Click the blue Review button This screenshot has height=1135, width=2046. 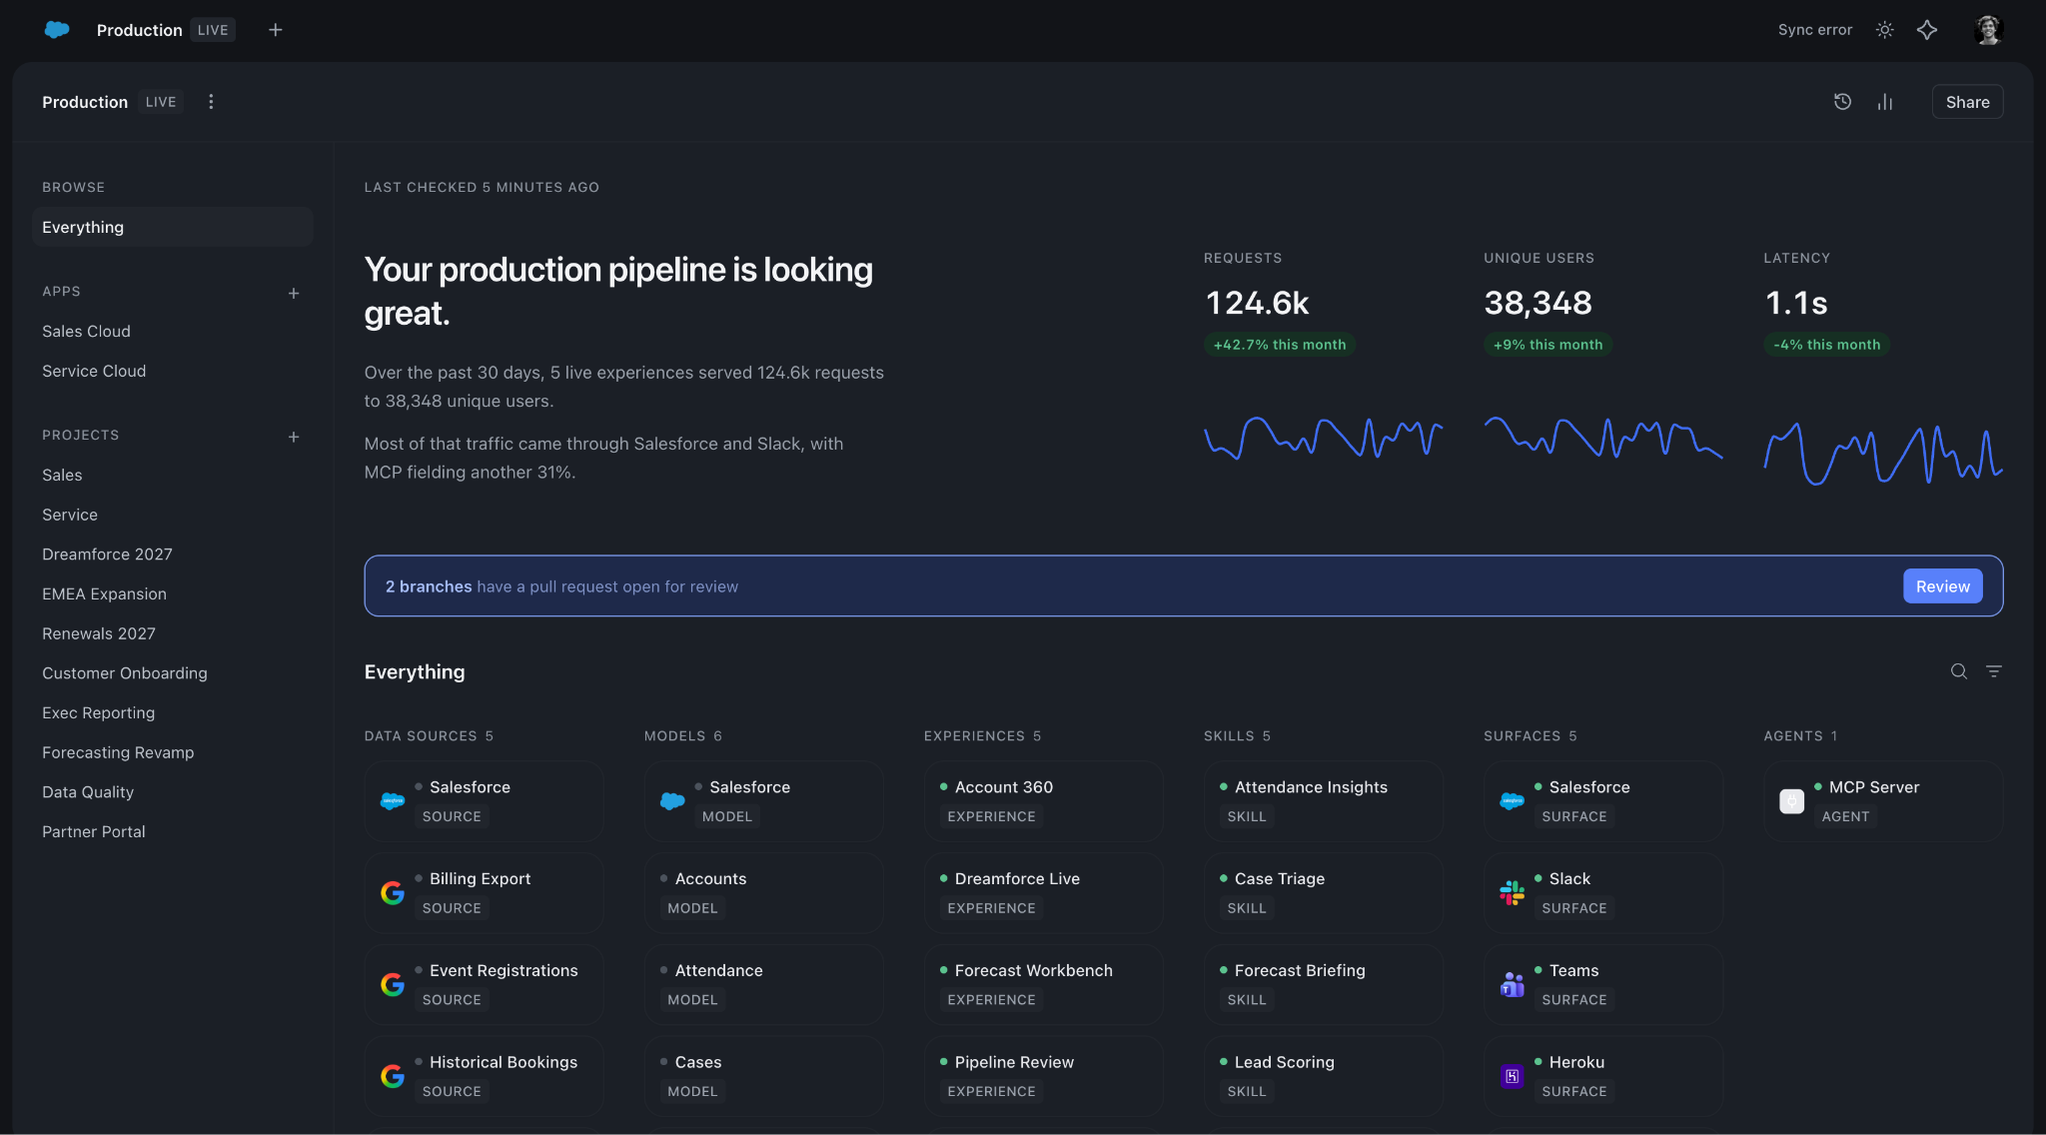point(1942,586)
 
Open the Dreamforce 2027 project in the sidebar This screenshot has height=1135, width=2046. point(107,555)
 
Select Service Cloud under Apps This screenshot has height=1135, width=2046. point(94,371)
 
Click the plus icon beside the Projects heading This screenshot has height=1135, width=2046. point(294,437)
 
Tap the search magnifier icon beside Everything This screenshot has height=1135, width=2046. point(1959,671)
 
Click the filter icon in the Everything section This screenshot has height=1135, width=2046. point(1994,671)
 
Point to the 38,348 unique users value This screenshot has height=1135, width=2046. point(1537,303)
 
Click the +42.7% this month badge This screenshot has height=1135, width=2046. point(1280,345)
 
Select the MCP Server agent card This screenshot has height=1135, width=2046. point(1883,801)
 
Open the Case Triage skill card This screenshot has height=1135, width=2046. point(1324,893)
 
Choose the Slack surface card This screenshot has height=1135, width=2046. point(1603,893)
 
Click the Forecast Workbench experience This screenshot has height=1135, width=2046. point(1044,984)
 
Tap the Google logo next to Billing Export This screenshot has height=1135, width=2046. point(393,893)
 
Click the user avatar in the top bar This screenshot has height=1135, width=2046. point(1989,30)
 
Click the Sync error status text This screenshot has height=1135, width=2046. point(1814,30)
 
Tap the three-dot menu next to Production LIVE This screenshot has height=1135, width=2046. point(211,102)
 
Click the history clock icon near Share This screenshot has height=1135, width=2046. point(1843,102)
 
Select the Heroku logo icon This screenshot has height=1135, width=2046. point(1512,1076)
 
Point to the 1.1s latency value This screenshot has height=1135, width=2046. point(1796,303)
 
